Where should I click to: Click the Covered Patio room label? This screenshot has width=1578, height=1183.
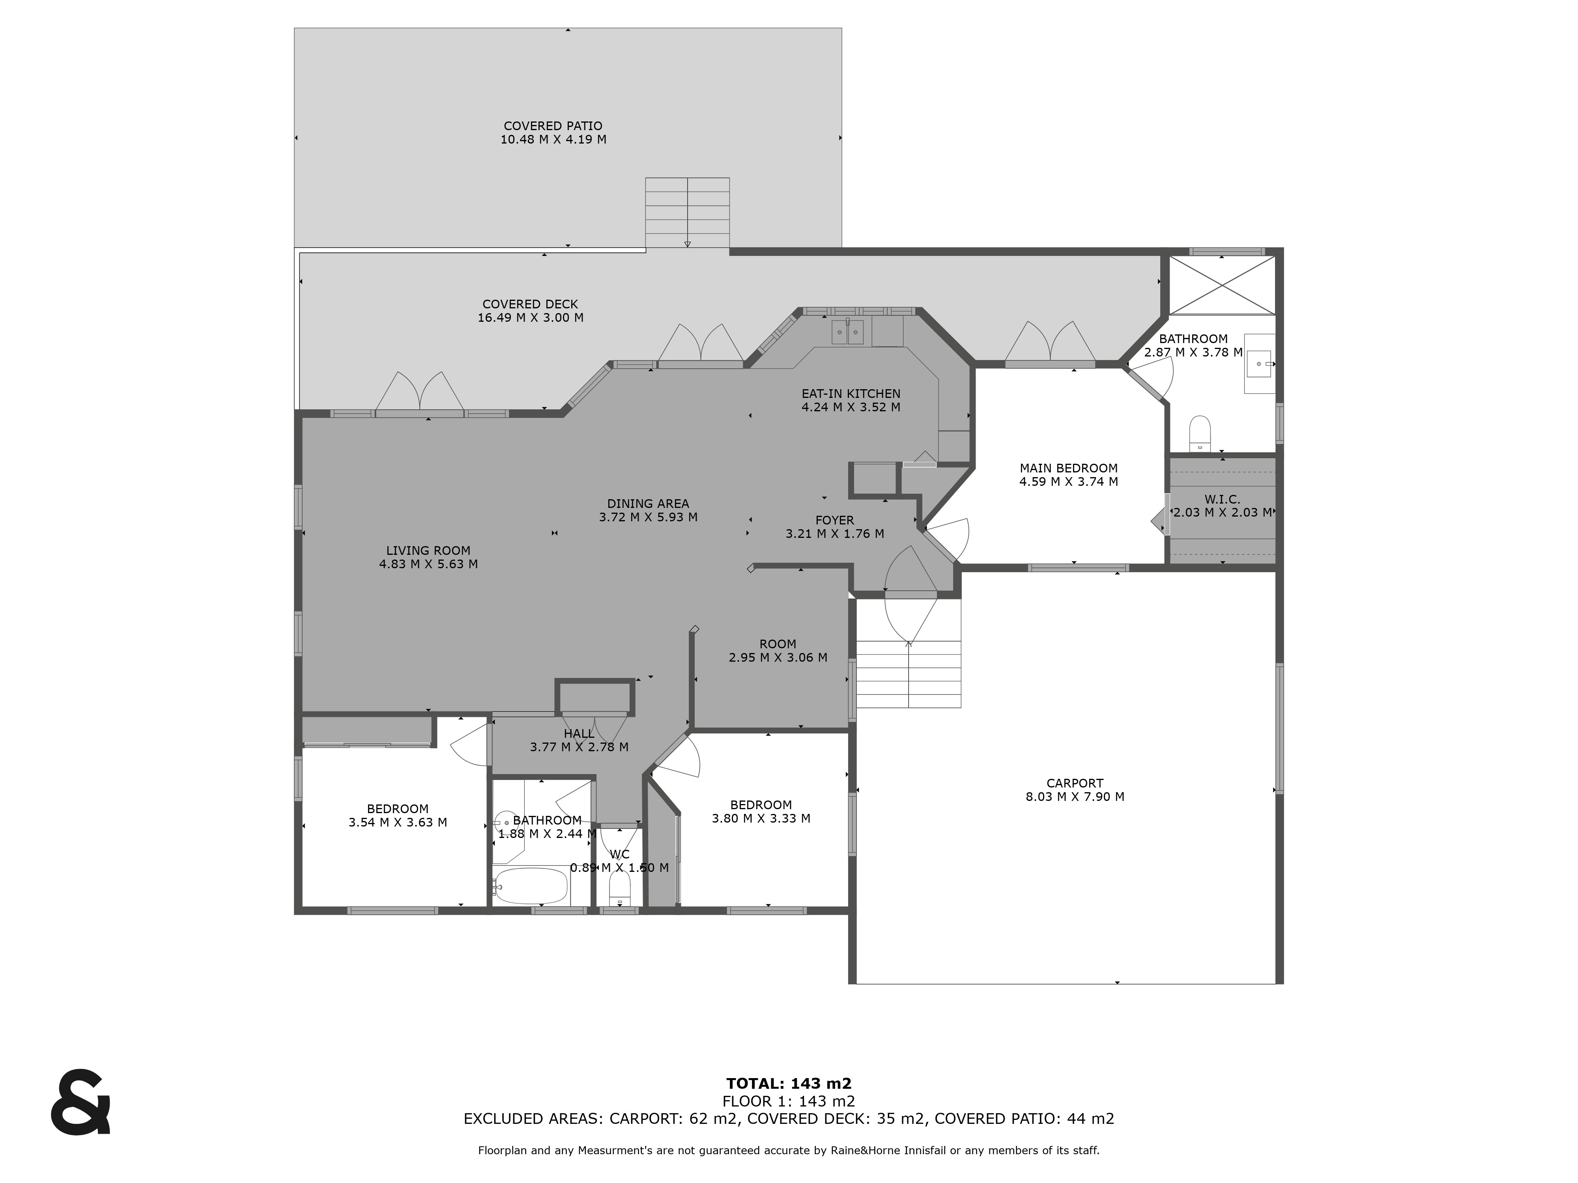[x=553, y=126]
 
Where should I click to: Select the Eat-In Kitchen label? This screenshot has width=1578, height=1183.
[x=851, y=394]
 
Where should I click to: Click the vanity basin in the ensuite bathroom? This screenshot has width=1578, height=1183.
[x=1259, y=364]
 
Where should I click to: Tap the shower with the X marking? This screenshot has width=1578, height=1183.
[x=1222, y=285]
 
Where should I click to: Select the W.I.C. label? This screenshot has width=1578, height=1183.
[x=1222, y=499]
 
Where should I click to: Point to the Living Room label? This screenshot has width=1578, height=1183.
[x=428, y=550]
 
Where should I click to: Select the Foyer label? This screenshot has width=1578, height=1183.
[x=835, y=521]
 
